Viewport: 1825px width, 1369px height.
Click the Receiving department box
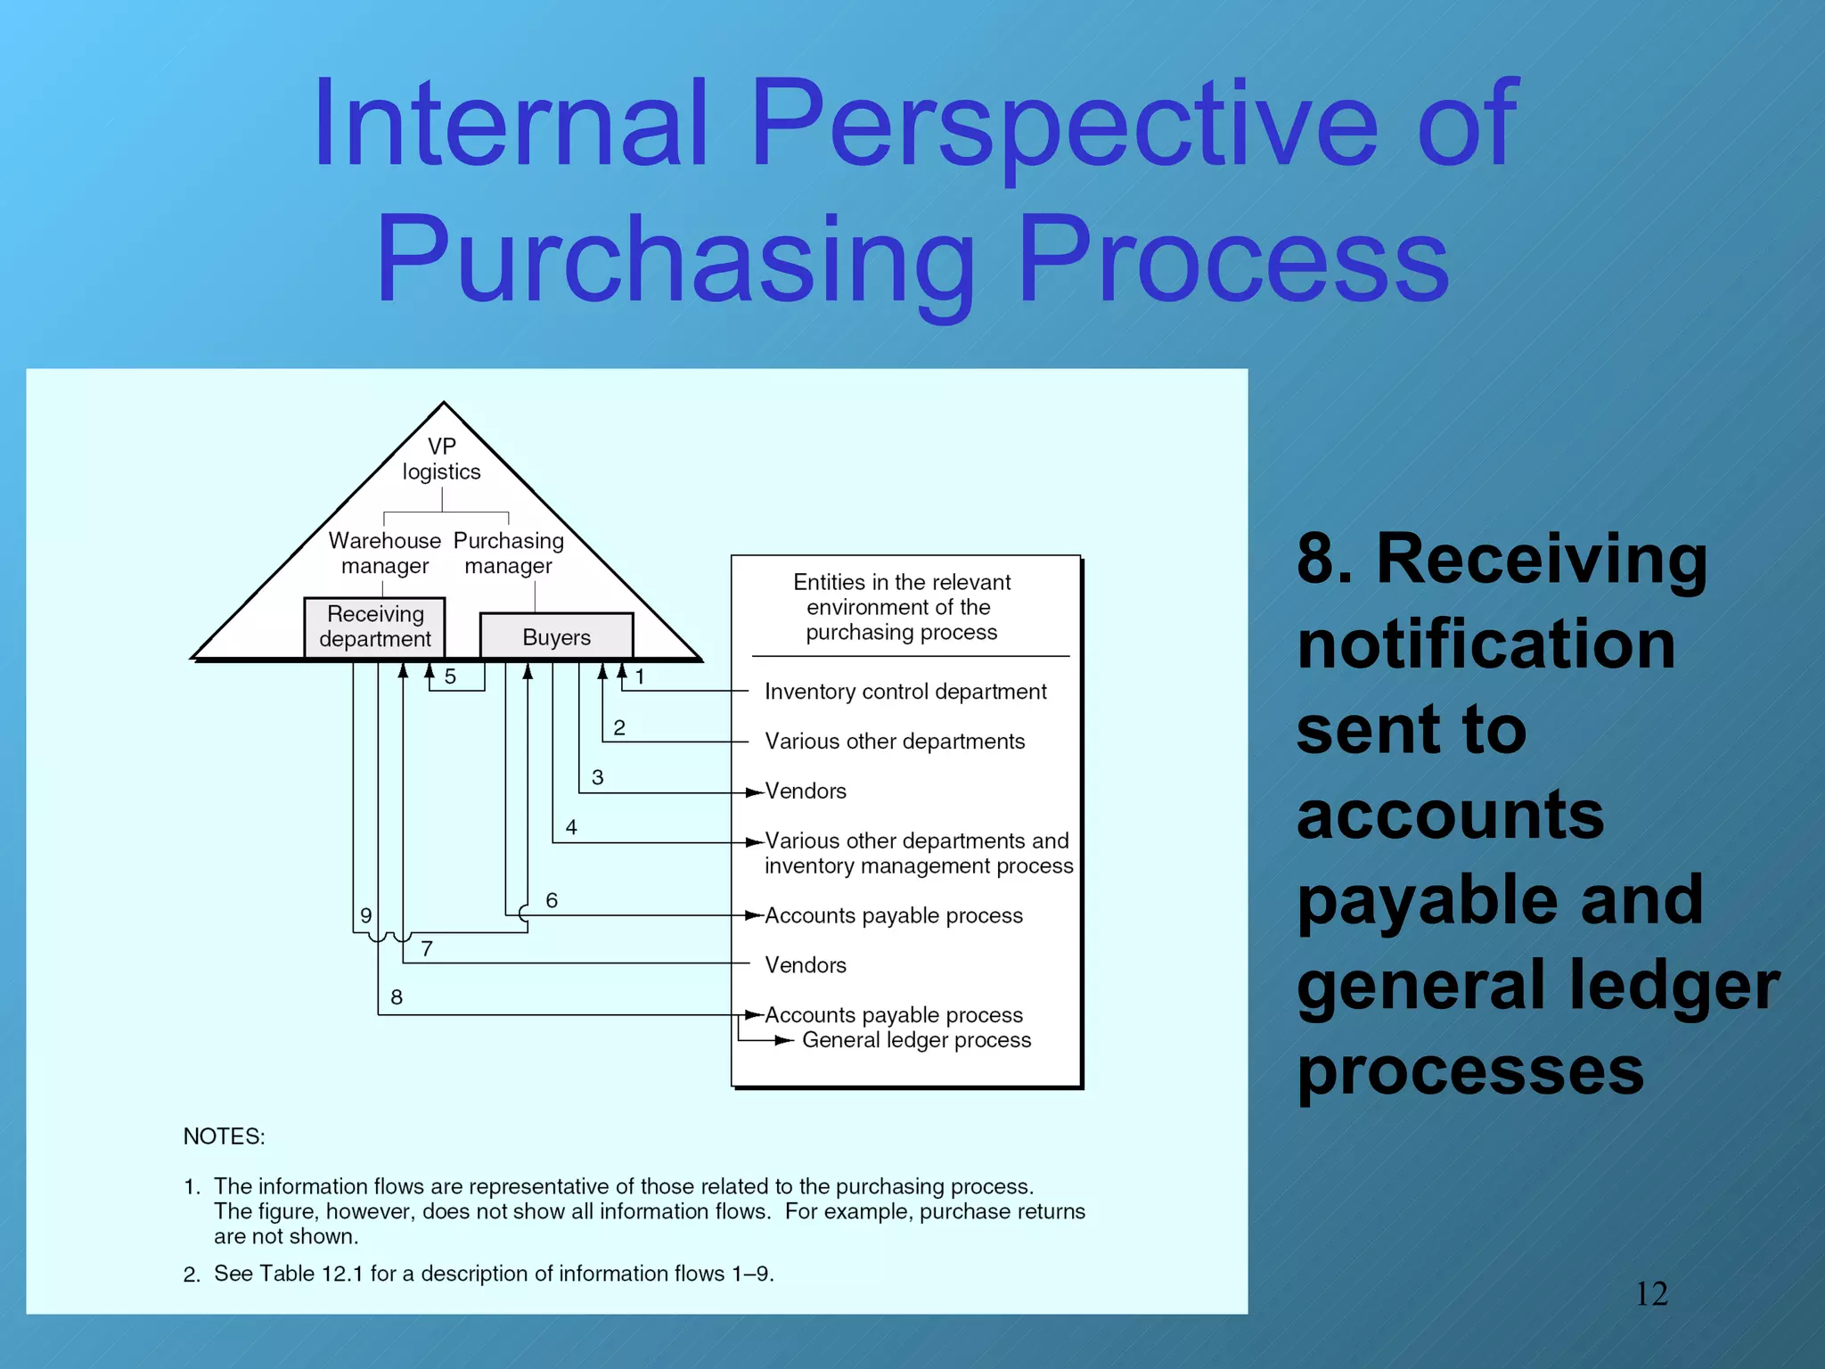(x=374, y=627)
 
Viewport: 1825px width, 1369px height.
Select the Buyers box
(x=556, y=636)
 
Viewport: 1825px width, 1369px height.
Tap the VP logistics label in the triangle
(x=441, y=459)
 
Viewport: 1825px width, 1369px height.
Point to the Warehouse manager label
(x=384, y=553)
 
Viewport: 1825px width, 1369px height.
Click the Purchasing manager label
(x=508, y=553)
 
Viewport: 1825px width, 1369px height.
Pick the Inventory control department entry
(x=905, y=692)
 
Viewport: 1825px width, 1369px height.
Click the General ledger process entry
(x=916, y=1040)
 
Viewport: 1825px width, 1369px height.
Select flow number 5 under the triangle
(x=450, y=676)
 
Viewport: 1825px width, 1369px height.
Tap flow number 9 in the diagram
(x=365, y=915)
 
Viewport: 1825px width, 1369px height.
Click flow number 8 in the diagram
(x=397, y=997)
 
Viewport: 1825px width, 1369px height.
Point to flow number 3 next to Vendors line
(x=597, y=777)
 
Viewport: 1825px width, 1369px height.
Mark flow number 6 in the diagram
(x=552, y=900)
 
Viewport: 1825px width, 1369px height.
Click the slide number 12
(x=1650, y=1294)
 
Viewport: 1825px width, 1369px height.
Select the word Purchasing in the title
(x=675, y=260)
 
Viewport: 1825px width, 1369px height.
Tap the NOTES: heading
(x=224, y=1136)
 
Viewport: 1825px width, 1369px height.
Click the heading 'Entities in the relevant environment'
(x=901, y=607)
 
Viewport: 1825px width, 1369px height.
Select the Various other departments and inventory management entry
(x=918, y=853)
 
